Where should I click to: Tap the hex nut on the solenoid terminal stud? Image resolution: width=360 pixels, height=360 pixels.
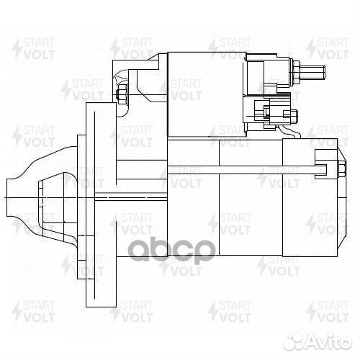[x=297, y=72]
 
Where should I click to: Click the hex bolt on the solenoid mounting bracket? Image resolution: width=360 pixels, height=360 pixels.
[x=122, y=94]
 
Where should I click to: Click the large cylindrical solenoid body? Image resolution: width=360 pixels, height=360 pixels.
[x=205, y=94]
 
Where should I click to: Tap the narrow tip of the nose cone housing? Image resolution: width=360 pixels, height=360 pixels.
[x=14, y=197]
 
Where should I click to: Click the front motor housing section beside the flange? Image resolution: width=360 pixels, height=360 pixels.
[x=192, y=216]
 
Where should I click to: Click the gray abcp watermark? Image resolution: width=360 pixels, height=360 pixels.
[x=171, y=251]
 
